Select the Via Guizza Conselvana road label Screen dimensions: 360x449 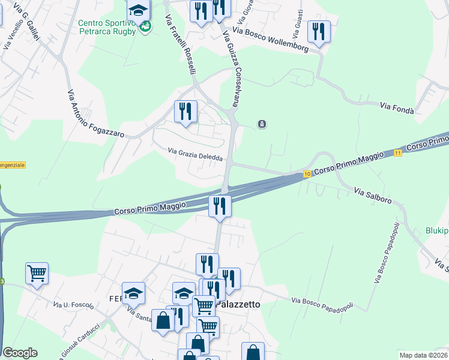pyautogui.click(x=232, y=68)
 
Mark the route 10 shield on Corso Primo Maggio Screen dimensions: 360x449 pyautogui.click(x=307, y=174)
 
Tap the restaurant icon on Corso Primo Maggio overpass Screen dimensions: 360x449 pyautogui.click(x=220, y=206)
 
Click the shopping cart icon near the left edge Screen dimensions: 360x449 pyautogui.click(x=37, y=274)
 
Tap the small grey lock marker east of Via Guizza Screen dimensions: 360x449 pyautogui.click(x=262, y=124)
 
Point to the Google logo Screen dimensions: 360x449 pyautogui.click(x=20, y=353)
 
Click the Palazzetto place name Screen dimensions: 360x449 pyautogui.click(x=239, y=304)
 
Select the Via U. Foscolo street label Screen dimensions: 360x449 pyautogui.click(x=74, y=305)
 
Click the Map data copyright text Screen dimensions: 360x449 pyautogui.click(x=423, y=355)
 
